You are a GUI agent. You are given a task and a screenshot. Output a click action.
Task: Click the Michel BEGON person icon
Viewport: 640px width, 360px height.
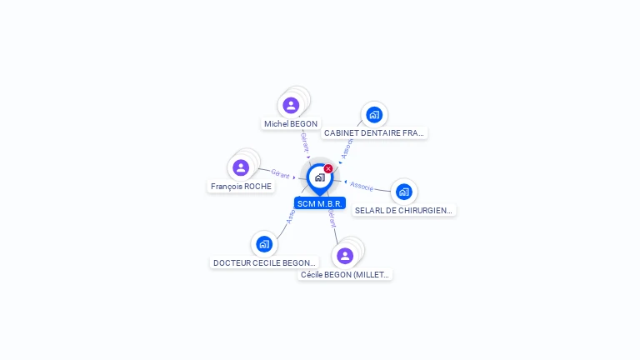[x=291, y=105]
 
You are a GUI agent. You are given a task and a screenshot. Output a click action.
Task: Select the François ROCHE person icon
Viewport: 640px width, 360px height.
[x=241, y=167]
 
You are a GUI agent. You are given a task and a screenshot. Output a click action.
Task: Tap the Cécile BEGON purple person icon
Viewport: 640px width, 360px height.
[x=345, y=255]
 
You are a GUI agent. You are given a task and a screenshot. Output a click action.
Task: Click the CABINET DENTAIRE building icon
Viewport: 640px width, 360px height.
[x=374, y=114]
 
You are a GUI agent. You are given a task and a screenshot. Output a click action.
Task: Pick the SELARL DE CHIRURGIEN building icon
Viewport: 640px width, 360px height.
[x=404, y=192]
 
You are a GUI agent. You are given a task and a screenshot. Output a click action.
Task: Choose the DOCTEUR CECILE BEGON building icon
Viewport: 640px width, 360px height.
[x=264, y=244]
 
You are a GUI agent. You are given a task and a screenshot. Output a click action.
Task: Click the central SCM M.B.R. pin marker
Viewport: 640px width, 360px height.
[x=319, y=177]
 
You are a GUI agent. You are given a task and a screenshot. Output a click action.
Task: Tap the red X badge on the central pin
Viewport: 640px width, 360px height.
[x=328, y=168]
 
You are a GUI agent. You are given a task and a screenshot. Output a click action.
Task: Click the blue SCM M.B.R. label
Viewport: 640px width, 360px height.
[x=320, y=203]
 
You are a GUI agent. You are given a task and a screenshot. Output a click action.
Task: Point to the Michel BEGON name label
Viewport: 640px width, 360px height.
[x=291, y=124]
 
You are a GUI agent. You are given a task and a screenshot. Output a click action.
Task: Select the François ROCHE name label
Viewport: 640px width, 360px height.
[x=242, y=187]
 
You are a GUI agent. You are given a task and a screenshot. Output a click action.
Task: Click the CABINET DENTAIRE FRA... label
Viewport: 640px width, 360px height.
[x=374, y=132]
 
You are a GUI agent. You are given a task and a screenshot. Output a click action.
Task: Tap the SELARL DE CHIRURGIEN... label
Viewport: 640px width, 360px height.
[x=404, y=211]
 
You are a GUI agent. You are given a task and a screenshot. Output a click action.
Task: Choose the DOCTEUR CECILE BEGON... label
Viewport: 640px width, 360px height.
[x=264, y=262]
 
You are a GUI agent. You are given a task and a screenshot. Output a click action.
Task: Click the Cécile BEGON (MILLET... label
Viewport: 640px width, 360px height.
[x=345, y=274]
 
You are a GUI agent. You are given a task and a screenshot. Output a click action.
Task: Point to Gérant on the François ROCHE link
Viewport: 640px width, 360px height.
[x=280, y=174]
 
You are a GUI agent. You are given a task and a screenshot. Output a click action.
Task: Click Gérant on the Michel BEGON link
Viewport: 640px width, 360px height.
[x=305, y=142]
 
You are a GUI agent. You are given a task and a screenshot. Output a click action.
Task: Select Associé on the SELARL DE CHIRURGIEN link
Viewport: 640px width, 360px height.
[x=362, y=185]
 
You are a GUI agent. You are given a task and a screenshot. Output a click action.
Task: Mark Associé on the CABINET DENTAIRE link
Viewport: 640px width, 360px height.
[x=347, y=147]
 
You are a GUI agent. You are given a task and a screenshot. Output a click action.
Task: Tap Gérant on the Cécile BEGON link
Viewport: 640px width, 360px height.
[x=332, y=218]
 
